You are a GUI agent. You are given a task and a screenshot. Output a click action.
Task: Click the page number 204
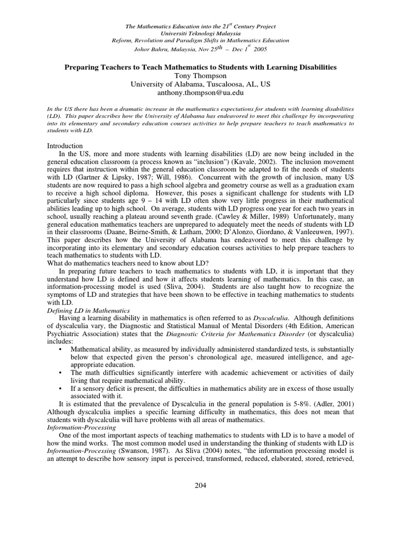pos(200,485)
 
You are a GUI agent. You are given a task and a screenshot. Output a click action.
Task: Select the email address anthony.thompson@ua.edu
pos(200,92)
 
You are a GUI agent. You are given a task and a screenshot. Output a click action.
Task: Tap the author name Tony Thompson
pos(200,76)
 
